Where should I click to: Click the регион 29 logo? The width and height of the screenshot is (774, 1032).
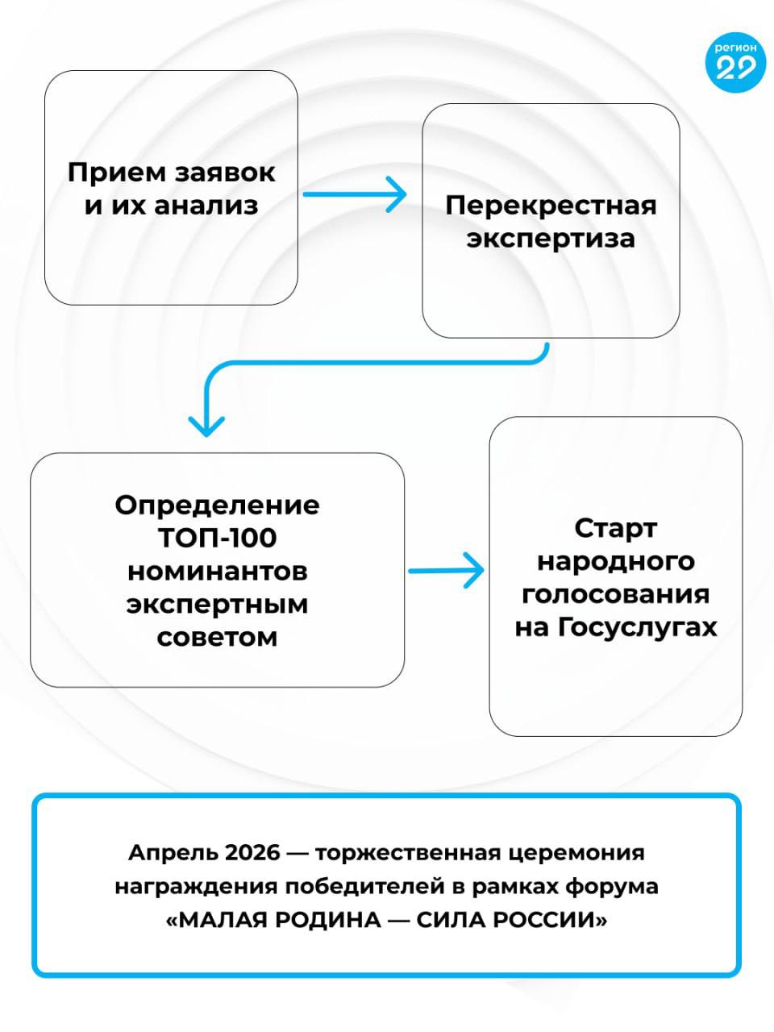coord(735,62)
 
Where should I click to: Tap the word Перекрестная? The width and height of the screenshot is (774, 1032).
coord(551,205)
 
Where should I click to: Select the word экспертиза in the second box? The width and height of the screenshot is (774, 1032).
coord(551,239)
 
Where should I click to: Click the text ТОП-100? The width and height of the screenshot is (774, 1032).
coord(217,538)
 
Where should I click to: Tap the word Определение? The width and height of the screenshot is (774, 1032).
coord(217,505)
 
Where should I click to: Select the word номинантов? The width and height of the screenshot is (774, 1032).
coord(217,571)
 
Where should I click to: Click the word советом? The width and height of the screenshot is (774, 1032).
coord(217,637)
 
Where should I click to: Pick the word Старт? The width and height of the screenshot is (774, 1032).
coord(616,528)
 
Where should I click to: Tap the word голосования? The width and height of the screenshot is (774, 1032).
coord(616,594)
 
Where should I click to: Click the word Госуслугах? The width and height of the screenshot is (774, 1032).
coord(637,627)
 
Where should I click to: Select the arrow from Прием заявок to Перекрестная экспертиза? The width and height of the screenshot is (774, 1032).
coord(354,193)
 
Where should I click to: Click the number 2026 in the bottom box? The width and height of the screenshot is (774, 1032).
coord(254,852)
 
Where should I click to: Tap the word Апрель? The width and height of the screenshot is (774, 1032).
coord(173,852)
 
